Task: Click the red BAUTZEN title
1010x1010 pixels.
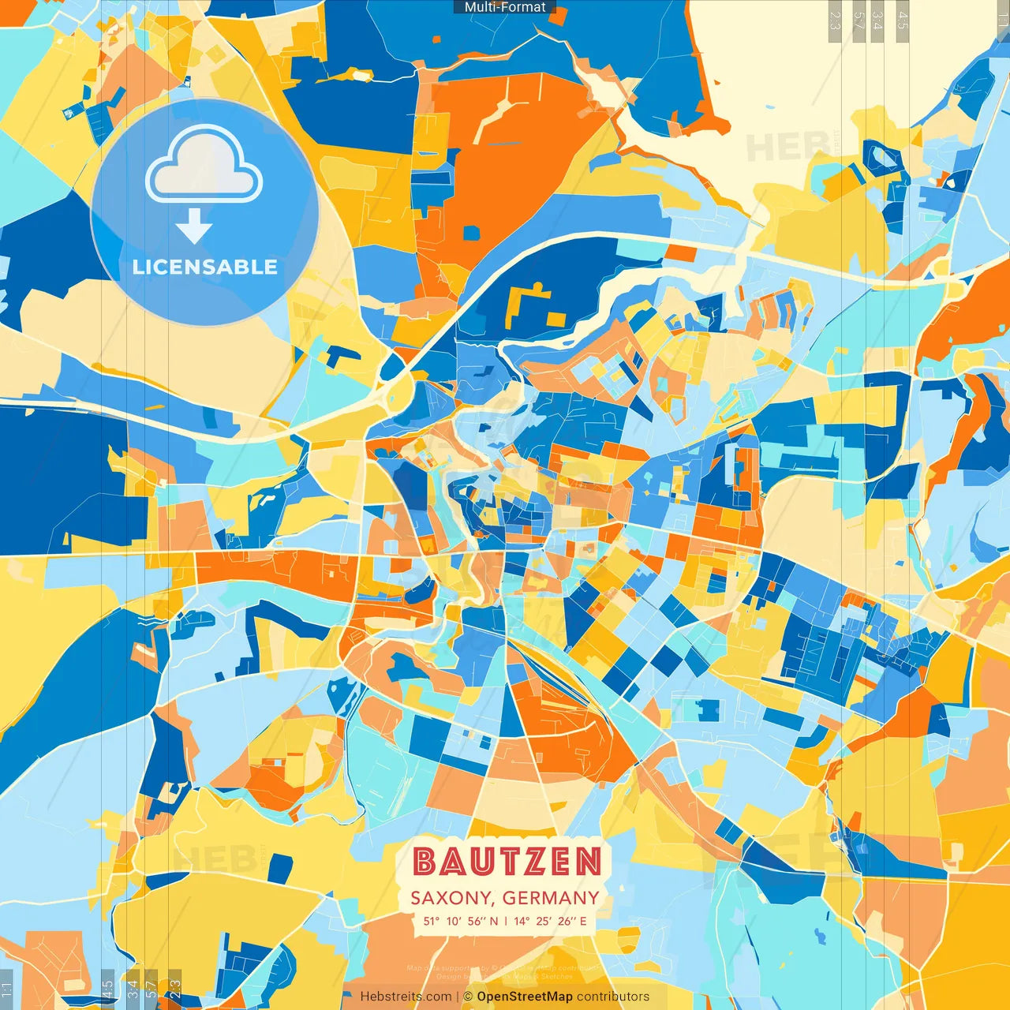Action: click(507, 862)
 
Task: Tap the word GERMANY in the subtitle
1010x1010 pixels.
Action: click(550, 898)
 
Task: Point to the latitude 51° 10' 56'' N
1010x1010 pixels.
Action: click(460, 921)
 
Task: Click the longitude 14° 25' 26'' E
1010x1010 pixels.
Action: click(550, 921)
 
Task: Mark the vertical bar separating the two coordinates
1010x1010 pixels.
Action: click(506, 921)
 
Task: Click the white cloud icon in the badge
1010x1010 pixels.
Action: click(204, 166)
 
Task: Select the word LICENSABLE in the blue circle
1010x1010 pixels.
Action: click(204, 267)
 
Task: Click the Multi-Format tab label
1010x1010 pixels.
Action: click(505, 7)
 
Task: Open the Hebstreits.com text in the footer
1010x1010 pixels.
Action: click(406, 997)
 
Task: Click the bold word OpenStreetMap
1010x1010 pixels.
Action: click(525, 997)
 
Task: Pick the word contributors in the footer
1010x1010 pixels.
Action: click(613, 997)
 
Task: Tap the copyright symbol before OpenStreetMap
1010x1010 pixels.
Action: click(468, 997)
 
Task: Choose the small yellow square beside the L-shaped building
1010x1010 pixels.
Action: click(556, 320)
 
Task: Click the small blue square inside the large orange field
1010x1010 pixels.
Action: click(471, 233)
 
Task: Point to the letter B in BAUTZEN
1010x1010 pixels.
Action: click(425, 862)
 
